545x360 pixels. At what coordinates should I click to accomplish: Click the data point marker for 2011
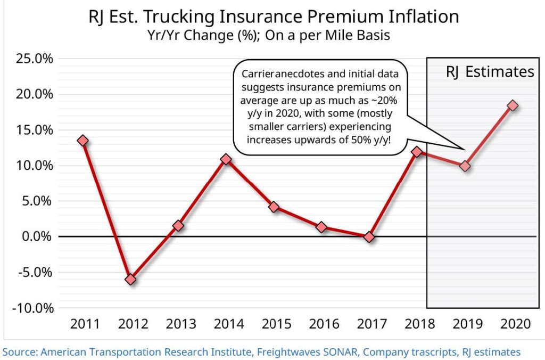(x=82, y=141)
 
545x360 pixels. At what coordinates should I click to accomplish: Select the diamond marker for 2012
(x=130, y=280)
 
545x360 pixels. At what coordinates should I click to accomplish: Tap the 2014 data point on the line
(x=226, y=159)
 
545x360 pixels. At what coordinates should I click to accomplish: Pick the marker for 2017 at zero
(x=369, y=237)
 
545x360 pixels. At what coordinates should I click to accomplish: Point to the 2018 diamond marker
(x=417, y=152)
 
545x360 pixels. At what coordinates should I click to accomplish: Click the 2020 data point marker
(x=513, y=105)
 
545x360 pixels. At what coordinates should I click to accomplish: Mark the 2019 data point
(x=465, y=166)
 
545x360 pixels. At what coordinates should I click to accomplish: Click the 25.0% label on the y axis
(x=32, y=59)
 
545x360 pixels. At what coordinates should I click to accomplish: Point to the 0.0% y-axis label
(x=35, y=236)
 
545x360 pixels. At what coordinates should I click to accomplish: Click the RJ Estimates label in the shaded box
(x=490, y=72)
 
